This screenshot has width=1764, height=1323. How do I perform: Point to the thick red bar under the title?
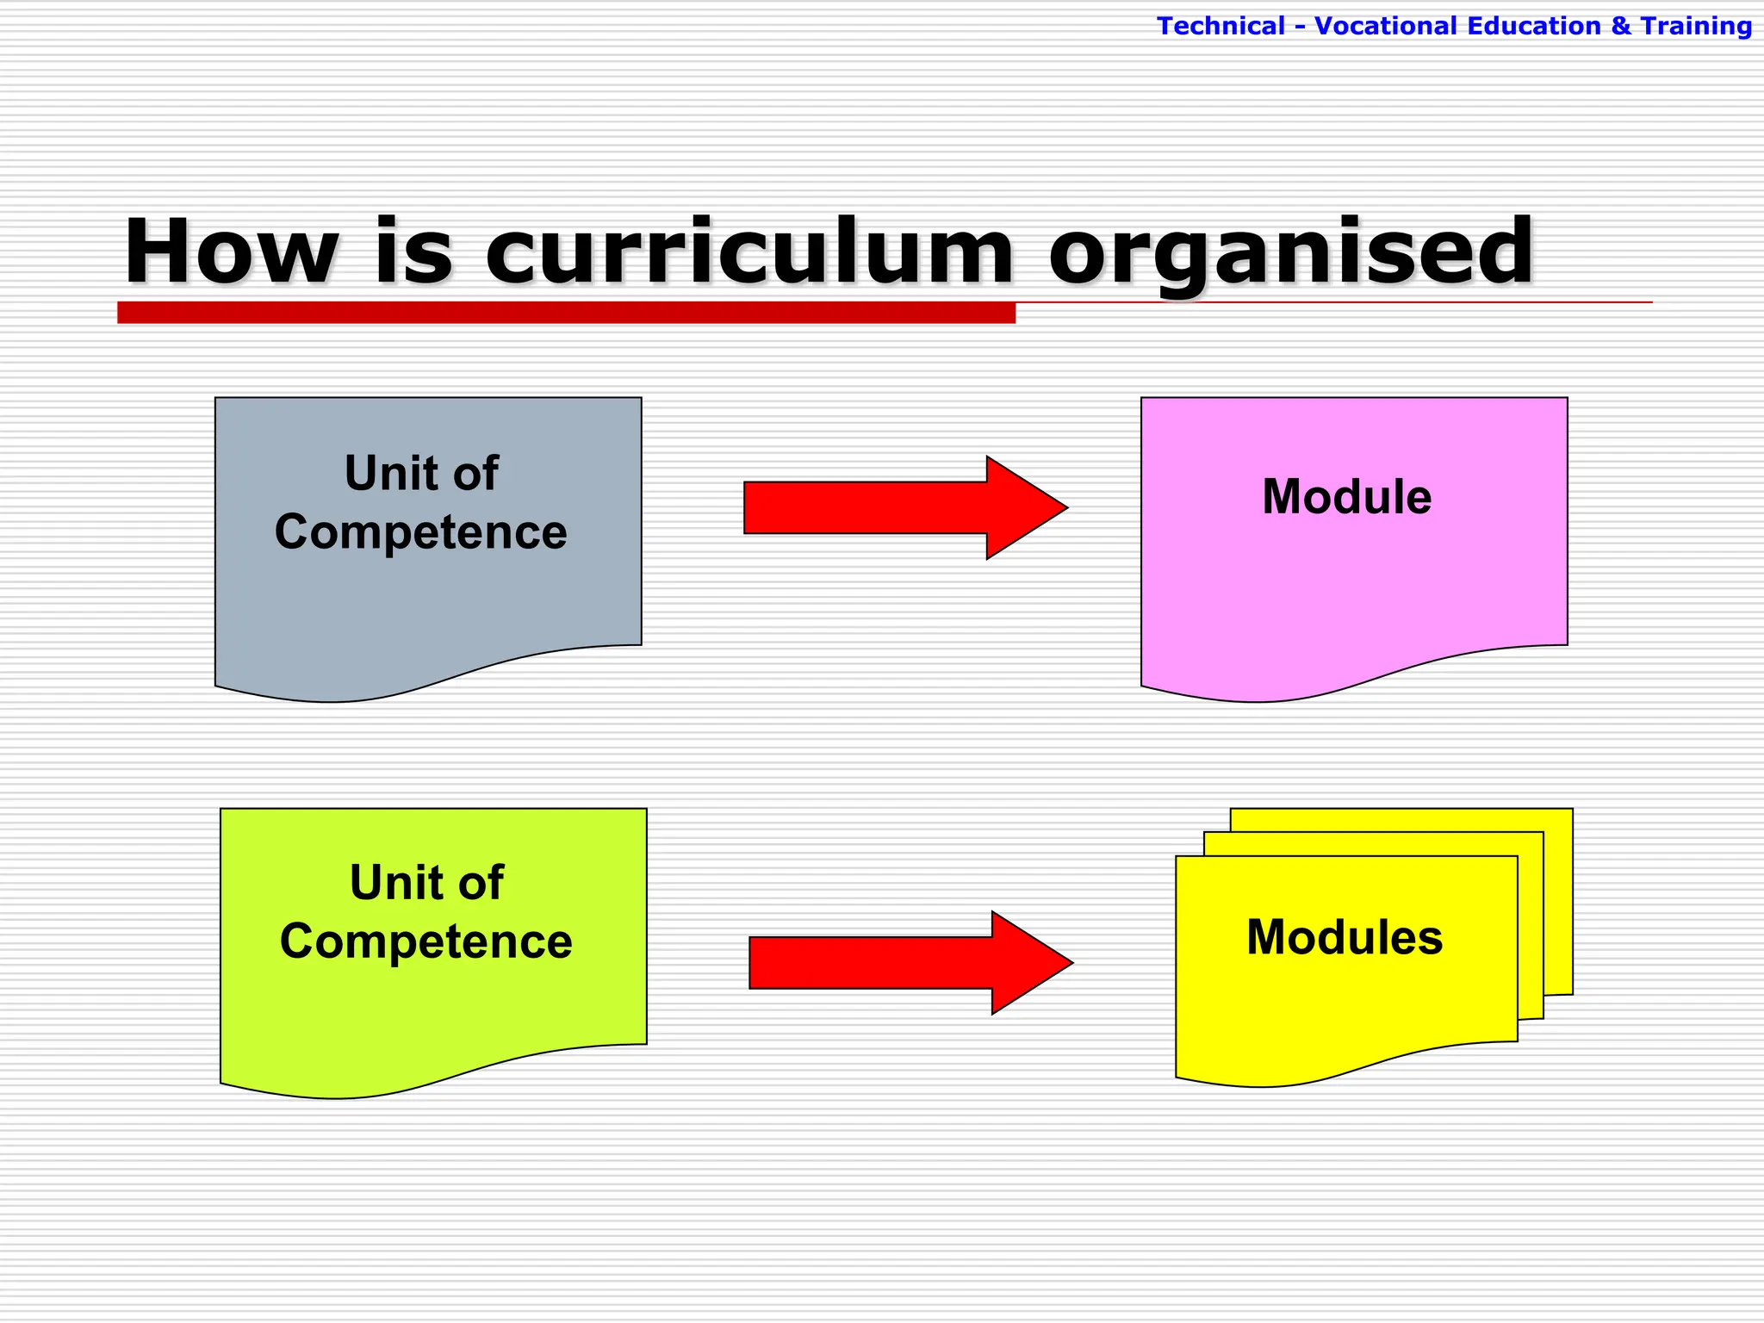566,313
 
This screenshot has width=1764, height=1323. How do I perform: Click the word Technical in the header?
1221,26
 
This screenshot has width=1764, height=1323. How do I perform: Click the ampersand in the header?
1620,26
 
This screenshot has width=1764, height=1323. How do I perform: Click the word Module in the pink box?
1346,497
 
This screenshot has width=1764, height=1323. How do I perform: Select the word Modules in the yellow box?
1344,937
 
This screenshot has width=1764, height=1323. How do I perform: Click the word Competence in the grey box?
420,531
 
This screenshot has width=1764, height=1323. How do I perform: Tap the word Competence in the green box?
425,941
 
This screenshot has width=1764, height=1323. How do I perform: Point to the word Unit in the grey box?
380,473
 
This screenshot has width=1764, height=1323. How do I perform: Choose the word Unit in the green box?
385,882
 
